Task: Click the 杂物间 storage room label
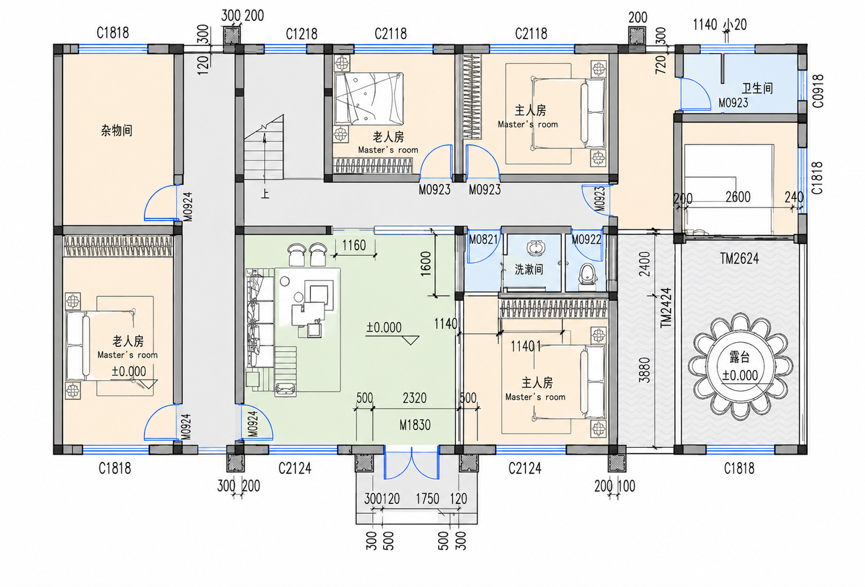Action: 117,131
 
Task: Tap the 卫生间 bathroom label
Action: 757,88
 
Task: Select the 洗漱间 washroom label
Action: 529,269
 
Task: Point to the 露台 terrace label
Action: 739,357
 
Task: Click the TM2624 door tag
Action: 739,259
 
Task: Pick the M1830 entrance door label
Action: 415,425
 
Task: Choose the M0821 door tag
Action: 483,239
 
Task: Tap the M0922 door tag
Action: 586,239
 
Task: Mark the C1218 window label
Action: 302,34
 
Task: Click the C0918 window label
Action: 817,91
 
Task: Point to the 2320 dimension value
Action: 414,398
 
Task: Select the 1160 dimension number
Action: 354,245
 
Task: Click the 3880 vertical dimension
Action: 644,370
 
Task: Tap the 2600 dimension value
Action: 738,197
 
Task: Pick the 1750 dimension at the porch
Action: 427,498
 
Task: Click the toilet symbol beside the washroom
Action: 587,276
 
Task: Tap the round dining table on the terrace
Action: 740,367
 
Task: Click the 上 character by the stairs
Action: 265,193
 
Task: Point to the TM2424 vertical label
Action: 666,308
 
